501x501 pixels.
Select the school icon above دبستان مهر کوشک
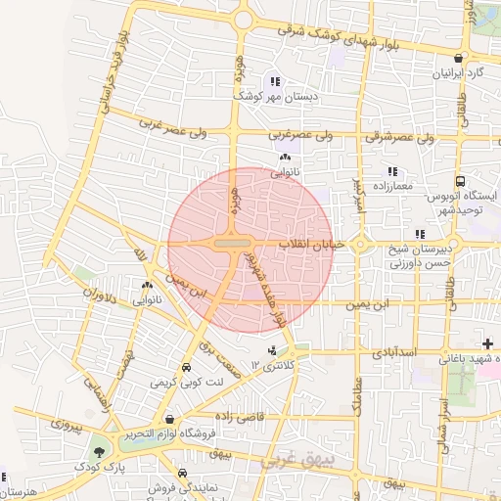tap(277, 82)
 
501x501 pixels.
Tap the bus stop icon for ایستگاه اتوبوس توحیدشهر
tap(460, 181)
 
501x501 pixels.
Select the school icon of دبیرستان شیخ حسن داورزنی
tap(420, 235)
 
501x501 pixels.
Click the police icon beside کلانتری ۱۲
tap(271, 350)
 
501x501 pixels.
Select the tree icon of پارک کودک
tap(98, 452)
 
